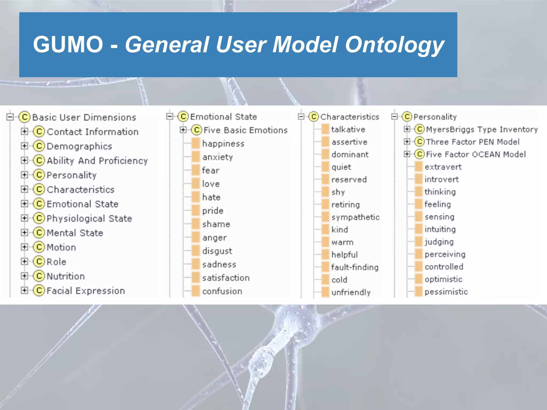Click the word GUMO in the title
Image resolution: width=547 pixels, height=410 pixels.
pyautogui.click(x=68, y=44)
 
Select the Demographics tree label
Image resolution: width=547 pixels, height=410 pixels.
pyautogui.click(x=79, y=146)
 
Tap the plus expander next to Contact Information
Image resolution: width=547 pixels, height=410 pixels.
pyautogui.click(x=24, y=131)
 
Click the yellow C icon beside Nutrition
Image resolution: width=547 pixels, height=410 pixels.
pyautogui.click(x=39, y=276)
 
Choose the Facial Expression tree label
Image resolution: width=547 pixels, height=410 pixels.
pyautogui.click(x=86, y=291)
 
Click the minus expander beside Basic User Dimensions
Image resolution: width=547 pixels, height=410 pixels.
pyautogui.click(x=10, y=117)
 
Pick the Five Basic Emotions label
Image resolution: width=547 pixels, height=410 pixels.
pyautogui.click(x=245, y=130)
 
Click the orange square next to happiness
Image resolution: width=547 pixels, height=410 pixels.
pyautogui.click(x=196, y=143)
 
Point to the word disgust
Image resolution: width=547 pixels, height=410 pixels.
pyautogui.click(x=217, y=251)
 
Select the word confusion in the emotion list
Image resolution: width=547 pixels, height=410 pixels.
pyautogui.click(x=222, y=291)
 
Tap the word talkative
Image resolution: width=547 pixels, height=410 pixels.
pyautogui.click(x=348, y=129)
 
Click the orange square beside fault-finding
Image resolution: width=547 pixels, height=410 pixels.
pyautogui.click(x=325, y=267)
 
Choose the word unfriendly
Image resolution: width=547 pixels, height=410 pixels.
pyautogui.click(x=351, y=292)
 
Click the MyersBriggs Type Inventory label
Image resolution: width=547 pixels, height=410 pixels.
pyautogui.click(x=482, y=129)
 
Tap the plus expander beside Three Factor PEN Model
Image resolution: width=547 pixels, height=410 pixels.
pyautogui.click(x=407, y=141)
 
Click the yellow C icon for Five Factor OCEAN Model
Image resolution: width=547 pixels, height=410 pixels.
pyautogui.click(x=420, y=154)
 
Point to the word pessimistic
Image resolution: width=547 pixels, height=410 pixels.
pyautogui.click(x=446, y=292)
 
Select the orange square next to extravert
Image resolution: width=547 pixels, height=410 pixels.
pyautogui.click(x=419, y=167)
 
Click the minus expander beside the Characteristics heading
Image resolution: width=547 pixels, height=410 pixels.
pyautogui.click(x=301, y=117)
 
